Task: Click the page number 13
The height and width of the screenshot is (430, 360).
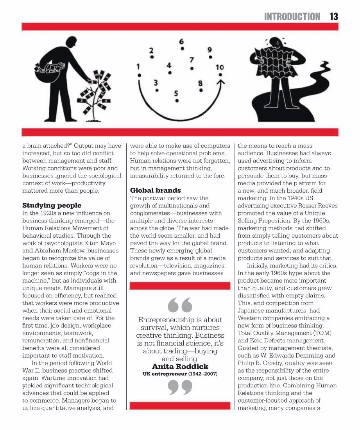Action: coord(333,16)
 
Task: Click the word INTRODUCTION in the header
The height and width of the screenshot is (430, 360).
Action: coord(292,16)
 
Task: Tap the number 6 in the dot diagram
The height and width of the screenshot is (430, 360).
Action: coord(182,41)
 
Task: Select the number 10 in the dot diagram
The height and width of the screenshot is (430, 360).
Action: coord(220,67)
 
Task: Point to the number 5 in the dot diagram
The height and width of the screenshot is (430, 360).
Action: coord(176,93)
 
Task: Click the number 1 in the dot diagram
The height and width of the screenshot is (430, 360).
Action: coord(138,67)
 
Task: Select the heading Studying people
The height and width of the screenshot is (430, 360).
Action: coord(52,205)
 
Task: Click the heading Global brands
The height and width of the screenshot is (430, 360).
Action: coord(155,190)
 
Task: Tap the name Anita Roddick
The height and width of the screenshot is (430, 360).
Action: coord(180,366)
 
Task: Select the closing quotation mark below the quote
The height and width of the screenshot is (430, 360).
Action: coord(180,388)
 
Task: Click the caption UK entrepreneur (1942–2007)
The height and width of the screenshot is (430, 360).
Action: coord(180,374)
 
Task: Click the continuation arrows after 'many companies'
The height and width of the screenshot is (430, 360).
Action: coord(319,408)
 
